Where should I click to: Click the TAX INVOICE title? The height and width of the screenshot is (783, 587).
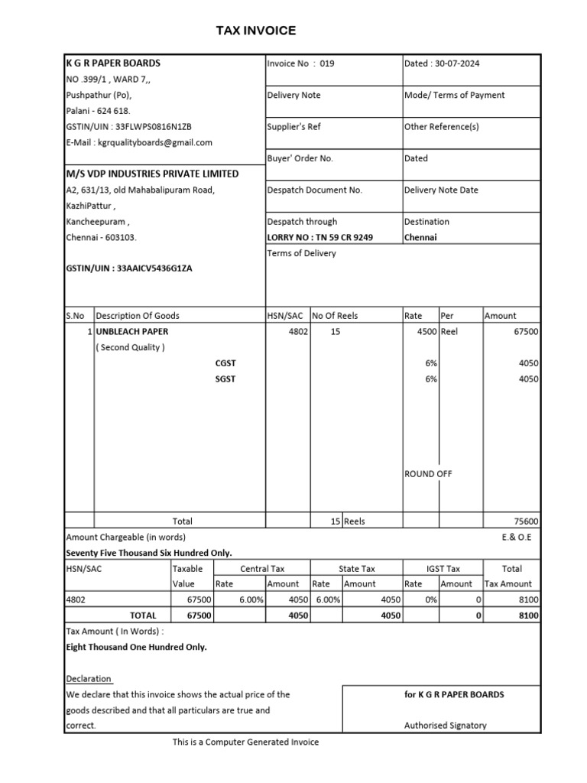coord(255,31)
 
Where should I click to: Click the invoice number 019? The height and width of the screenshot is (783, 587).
coord(326,63)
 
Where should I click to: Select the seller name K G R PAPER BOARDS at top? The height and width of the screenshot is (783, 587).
coord(113,63)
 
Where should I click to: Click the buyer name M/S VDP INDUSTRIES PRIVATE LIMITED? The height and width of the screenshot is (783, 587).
coord(152,174)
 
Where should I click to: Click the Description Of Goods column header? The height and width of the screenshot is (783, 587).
coord(138,315)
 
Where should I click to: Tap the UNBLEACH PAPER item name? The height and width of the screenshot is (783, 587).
coord(132,332)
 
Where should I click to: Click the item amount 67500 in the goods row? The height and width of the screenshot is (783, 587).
coord(525,332)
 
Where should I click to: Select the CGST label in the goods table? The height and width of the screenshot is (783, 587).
coord(225,363)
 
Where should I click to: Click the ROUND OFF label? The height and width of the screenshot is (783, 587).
coord(428,474)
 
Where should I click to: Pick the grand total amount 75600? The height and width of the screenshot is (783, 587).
coord(525,521)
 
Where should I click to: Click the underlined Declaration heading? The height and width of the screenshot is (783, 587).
coord(89,679)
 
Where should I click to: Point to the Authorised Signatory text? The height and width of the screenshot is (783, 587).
coord(445,726)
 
